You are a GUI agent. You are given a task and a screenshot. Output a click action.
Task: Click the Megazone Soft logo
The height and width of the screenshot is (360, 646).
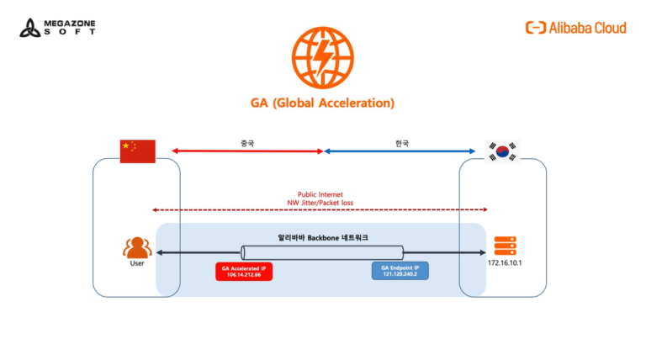[57, 27]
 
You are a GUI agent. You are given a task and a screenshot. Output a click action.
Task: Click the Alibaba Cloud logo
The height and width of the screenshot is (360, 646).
[576, 28]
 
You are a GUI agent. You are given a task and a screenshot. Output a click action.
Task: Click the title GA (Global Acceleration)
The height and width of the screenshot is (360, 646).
[322, 103]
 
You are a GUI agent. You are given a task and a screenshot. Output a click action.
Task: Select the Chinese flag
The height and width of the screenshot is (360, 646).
[138, 151]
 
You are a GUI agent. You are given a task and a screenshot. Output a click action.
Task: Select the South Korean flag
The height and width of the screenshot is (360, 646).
[502, 151]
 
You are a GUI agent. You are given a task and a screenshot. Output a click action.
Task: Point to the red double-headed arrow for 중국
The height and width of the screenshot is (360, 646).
[247, 151]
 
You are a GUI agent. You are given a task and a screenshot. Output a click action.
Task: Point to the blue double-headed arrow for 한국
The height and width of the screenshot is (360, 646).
[400, 151]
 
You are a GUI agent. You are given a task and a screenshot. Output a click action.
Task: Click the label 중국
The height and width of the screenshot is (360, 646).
[246, 143]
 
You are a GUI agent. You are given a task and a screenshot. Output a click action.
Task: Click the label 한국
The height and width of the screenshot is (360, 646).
[401, 143]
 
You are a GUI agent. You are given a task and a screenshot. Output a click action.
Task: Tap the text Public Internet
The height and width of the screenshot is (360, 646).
[320, 194]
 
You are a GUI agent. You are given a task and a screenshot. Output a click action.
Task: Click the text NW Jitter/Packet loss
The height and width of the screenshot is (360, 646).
[320, 203]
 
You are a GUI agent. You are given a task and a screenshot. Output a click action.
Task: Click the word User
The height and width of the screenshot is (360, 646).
[137, 264]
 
